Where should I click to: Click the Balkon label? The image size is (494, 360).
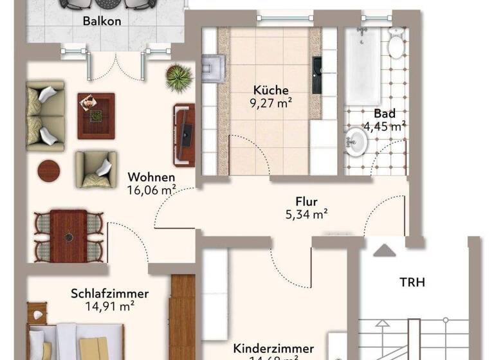pyautogui.click(x=102, y=21)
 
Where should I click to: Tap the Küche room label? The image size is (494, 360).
pyautogui.click(x=271, y=91)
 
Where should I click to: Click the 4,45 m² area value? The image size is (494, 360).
pyautogui.click(x=384, y=126)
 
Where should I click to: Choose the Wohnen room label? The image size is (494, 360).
pyautogui.click(x=151, y=177)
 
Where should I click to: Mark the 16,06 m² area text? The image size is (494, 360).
pyautogui.click(x=152, y=190)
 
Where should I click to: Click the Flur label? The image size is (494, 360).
pyautogui.click(x=306, y=201)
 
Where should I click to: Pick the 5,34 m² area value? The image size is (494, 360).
pyautogui.click(x=307, y=214)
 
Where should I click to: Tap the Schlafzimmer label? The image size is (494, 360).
pyautogui.click(x=109, y=294)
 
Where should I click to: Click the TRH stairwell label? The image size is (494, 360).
pyautogui.click(x=412, y=282)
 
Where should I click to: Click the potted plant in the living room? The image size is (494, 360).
pyautogui.click(x=178, y=78)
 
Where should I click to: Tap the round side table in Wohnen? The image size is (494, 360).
pyautogui.click(x=49, y=171)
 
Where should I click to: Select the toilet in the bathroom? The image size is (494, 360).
pyautogui.click(x=395, y=44)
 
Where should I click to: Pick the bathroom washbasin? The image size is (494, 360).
pyautogui.click(x=354, y=141)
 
